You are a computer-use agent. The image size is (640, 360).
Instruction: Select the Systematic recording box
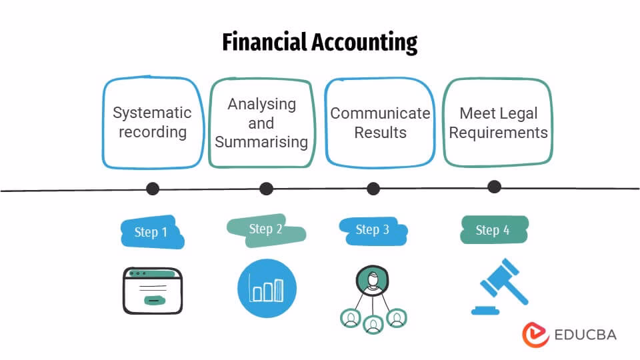coord(152,123)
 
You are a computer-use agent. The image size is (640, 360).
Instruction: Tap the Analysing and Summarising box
coord(261,123)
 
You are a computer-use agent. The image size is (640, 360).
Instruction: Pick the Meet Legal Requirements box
coord(498,123)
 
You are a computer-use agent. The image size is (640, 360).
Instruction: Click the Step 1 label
coord(151,232)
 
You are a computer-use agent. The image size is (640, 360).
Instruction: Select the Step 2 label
coord(265,229)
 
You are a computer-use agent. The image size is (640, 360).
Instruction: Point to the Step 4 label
coord(493,230)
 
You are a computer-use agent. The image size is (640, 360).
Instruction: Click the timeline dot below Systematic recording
coord(153,189)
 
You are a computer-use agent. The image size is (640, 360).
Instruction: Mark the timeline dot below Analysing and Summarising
coord(266,189)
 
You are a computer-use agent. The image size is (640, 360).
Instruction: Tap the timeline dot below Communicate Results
coord(373,189)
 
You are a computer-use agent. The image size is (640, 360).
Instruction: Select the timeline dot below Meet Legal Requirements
coord(494,187)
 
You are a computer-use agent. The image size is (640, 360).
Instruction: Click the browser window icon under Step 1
coord(152,291)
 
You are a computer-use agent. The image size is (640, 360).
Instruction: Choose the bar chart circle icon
coord(267,289)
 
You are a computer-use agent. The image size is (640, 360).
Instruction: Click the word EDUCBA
coord(585,334)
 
